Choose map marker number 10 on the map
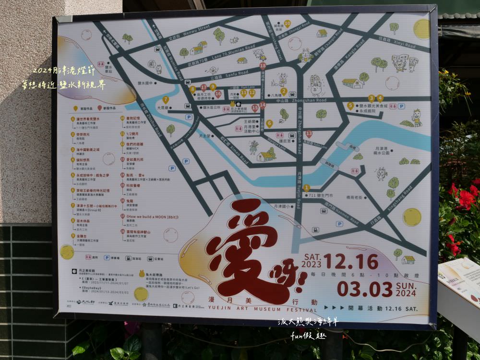click(288, 23)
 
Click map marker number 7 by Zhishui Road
click(166, 100)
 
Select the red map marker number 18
click(263, 65)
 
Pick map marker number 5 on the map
click(350, 106)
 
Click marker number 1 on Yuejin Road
click(306, 188)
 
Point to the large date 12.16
click(350, 262)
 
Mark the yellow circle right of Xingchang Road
click(411, 217)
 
